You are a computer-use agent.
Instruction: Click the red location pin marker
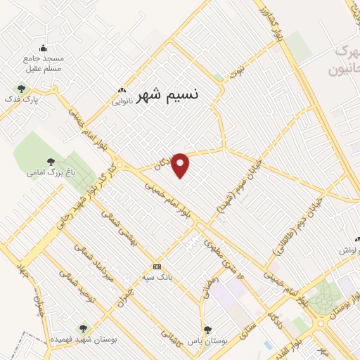(181, 165)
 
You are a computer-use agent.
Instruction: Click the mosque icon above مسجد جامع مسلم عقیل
(43, 49)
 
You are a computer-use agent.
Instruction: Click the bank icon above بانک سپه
(157, 266)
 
